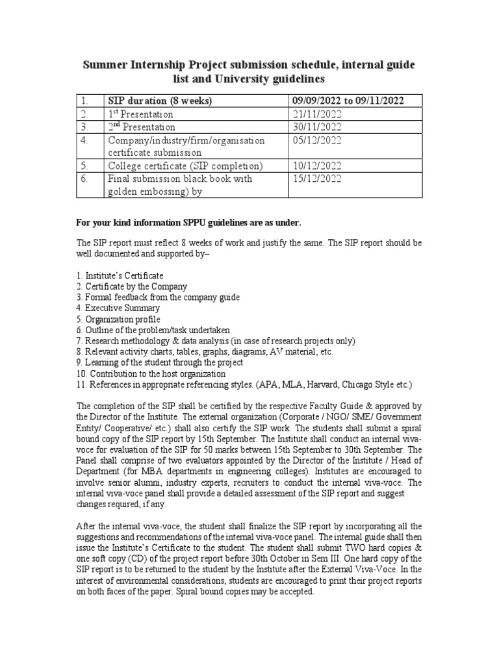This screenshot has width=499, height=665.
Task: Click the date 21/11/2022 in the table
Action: pos(314,114)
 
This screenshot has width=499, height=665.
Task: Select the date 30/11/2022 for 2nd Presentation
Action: pos(314,127)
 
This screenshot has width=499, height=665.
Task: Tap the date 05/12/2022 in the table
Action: pos(314,140)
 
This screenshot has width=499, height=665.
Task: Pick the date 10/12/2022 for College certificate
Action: pos(314,166)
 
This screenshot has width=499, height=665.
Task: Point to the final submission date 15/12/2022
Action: pos(314,179)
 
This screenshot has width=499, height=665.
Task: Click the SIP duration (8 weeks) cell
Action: pos(160,101)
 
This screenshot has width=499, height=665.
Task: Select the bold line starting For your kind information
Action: pos(188,223)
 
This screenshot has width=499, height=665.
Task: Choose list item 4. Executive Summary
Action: pos(117,308)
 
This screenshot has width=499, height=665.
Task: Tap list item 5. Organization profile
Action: pos(118,320)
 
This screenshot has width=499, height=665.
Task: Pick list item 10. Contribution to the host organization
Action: pos(151,374)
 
